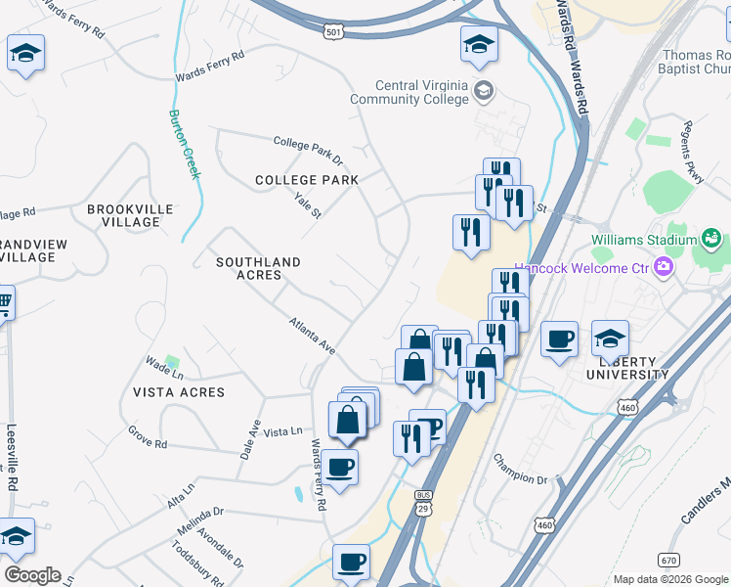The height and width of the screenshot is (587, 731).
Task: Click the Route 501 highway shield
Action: click(335, 32)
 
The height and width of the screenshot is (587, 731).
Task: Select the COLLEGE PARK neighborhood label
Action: click(306, 180)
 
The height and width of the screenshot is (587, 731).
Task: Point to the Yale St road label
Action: click(308, 205)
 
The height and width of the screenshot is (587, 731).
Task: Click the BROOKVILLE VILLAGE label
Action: click(130, 215)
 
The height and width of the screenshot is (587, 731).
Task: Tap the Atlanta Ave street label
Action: click(312, 335)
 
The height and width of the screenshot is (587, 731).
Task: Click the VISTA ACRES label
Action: click(179, 392)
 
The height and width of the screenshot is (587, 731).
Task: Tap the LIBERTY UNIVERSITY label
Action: click(627, 367)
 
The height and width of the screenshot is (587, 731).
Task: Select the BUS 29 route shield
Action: click(423, 501)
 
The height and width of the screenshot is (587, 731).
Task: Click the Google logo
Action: click(32, 575)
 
